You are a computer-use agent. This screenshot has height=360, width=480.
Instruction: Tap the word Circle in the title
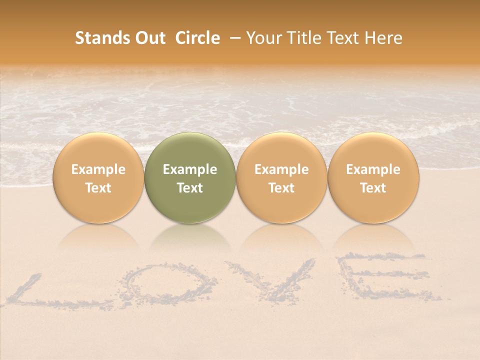click(197, 38)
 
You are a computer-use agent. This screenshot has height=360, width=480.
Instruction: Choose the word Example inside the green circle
click(190, 169)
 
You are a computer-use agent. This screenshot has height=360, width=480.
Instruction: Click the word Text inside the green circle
click(190, 188)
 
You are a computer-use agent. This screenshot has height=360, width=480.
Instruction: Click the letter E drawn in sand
click(385, 278)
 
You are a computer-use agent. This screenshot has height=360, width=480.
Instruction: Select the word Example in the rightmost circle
click(373, 169)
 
